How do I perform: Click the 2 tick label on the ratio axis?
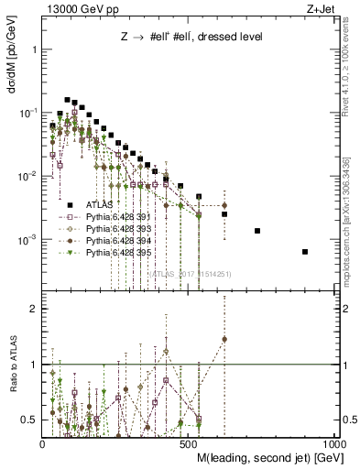pyautogui.click(x=33, y=309)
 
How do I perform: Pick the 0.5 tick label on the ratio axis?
pyautogui.click(x=29, y=420)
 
